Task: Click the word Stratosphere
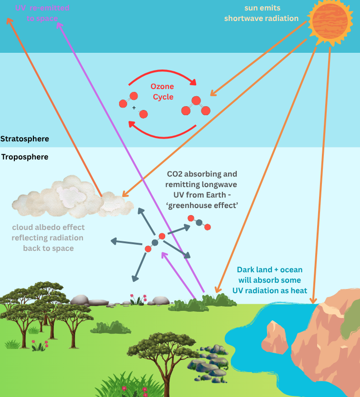(x=25, y=139)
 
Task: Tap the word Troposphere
(x=25, y=157)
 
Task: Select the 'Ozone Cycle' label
(x=162, y=91)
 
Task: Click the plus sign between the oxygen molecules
(x=134, y=108)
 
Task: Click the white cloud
(x=71, y=197)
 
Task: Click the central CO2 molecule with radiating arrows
(x=155, y=242)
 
